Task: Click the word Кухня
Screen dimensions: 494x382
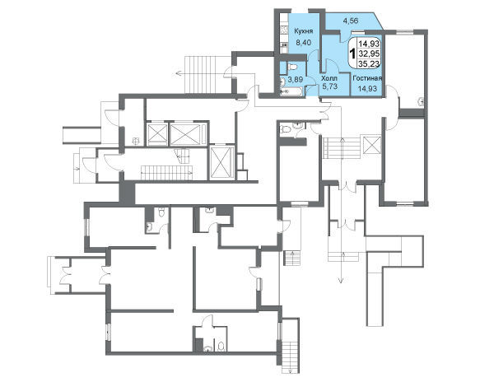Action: point(303,31)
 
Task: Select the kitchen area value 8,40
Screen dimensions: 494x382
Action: point(303,43)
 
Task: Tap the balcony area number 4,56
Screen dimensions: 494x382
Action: point(351,21)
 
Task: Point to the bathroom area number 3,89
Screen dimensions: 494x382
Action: point(295,80)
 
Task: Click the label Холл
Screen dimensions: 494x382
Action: point(329,78)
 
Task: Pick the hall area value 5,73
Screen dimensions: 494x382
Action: point(329,86)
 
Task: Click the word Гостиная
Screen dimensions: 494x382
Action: point(367,78)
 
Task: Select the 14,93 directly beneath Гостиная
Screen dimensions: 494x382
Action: point(367,89)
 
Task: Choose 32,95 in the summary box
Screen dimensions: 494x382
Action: point(369,53)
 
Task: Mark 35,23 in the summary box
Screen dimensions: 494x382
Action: point(369,63)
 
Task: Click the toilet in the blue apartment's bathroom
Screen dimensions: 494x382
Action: point(292,67)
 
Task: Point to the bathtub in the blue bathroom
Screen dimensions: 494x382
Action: point(291,91)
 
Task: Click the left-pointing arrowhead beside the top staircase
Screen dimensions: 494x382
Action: point(178,74)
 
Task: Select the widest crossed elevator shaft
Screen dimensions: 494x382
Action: point(185,135)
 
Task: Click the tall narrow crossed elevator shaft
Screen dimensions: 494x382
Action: point(221,162)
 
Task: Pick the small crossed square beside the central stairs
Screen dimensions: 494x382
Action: point(372,145)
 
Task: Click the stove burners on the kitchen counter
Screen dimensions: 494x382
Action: point(284,30)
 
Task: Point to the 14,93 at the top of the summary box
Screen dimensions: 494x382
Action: point(369,43)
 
